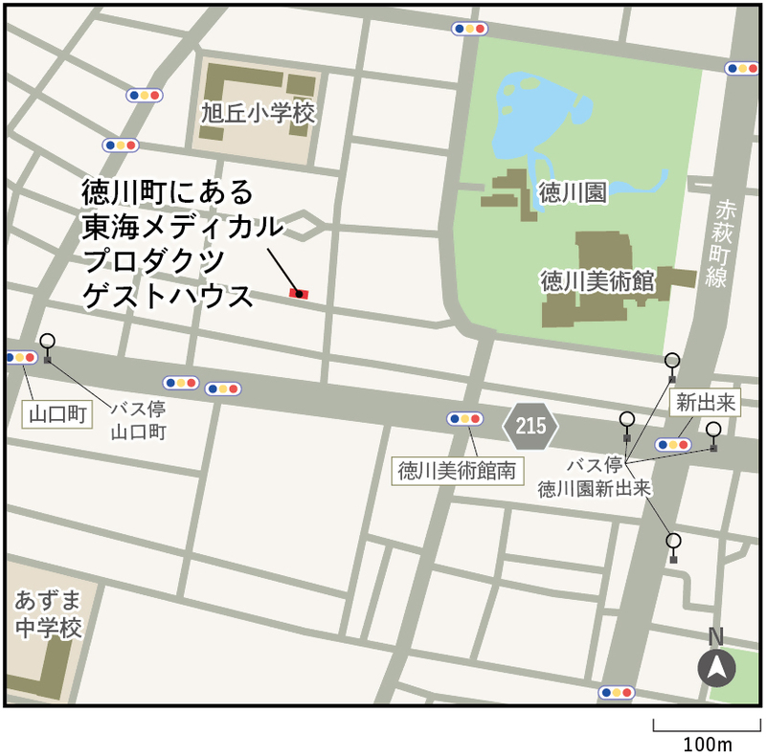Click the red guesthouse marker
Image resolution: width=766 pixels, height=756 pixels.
tap(299, 294)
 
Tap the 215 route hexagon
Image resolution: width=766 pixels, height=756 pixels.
tap(530, 425)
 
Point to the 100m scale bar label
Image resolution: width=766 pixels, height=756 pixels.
tap(707, 744)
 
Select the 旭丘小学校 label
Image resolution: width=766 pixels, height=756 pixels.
tap(258, 114)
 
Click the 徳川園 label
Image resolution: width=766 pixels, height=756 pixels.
tap(572, 193)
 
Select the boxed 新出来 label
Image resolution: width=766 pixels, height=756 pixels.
tap(704, 403)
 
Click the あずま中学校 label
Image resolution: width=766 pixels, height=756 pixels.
tap(48, 614)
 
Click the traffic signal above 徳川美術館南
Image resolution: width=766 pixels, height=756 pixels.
tap(464, 418)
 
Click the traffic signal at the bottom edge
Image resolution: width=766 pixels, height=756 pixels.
tap(616, 692)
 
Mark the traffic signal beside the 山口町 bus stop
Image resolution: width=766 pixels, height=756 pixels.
tap(20, 357)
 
